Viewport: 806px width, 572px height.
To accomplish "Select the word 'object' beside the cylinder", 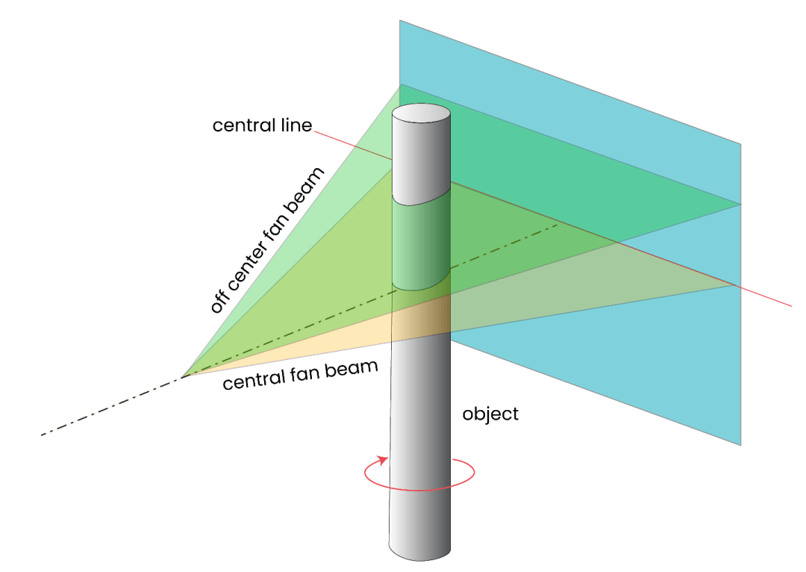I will point(490,413).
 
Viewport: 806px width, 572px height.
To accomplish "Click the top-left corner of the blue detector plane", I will point(400,21).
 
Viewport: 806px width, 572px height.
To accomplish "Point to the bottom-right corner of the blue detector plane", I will point(740,445).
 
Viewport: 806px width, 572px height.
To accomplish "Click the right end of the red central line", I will point(792,305).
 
